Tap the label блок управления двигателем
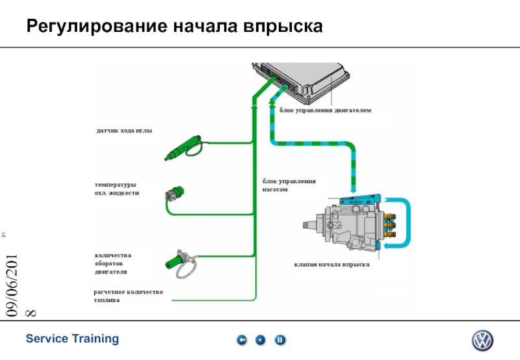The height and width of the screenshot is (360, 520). pos(325,111)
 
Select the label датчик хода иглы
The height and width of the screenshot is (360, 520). pos(124,131)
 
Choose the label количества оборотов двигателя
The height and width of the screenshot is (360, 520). pos(113,263)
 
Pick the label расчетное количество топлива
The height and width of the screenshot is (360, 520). pos(128,296)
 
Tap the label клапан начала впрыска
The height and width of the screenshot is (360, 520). pos(331,264)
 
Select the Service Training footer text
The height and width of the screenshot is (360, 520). pos(72,339)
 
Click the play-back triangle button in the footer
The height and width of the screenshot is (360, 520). pos(261,339)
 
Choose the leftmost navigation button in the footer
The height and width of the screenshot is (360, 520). pos(241,339)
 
